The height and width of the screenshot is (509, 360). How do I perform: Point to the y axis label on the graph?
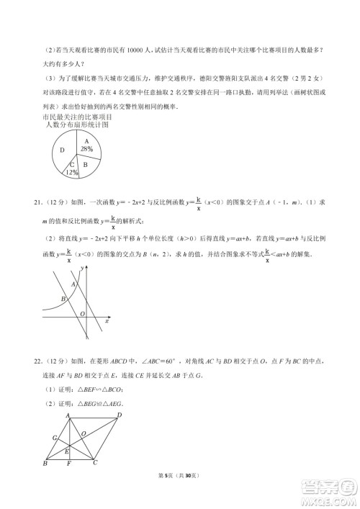point(83,268)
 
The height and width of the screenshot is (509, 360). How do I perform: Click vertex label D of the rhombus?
point(120,415)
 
